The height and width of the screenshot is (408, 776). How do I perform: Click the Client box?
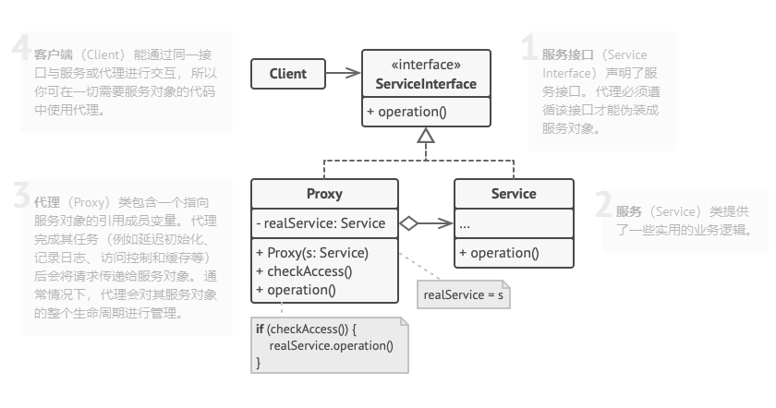pyautogui.click(x=287, y=74)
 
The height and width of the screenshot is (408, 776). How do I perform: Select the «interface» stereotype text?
pyautogui.click(x=426, y=66)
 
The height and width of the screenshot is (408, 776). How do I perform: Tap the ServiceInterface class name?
pyautogui.click(x=426, y=85)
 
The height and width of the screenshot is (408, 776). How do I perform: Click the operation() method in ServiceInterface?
pyautogui.click(x=406, y=113)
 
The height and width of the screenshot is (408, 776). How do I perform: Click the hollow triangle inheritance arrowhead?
pyautogui.click(x=426, y=137)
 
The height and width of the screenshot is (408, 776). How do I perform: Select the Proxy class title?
pyautogui.click(x=324, y=194)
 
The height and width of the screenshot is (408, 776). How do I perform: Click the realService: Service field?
pyautogui.click(x=321, y=223)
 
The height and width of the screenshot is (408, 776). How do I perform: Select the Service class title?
pyautogui.click(x=514, y=194)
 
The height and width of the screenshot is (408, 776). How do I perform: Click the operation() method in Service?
pyautogui.click(x=499, y=253)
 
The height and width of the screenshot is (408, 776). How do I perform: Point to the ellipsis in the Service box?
pyautogui.click(x=465, y=224)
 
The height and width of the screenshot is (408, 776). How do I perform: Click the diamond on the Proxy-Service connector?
pyautogui.click(x=409, y=223)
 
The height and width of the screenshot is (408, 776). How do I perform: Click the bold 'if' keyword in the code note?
pyautogui.click(x=260, y=330)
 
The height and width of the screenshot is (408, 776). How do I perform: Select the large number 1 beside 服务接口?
pyautogui.click(x=529, y=49)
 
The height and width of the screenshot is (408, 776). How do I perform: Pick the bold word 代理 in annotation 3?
pyautogui.click(x=46, y=202)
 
